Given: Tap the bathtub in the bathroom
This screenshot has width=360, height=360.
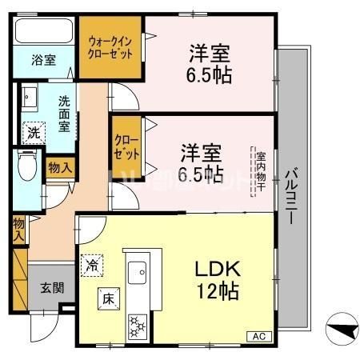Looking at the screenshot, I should [43, 33].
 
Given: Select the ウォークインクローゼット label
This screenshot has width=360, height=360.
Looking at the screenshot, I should [110, 46].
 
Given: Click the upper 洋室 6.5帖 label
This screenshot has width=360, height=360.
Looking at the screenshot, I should [210, 66].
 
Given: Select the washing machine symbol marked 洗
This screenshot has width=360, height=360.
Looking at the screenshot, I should [33, 132].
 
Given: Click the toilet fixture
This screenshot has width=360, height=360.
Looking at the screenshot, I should [26, 170].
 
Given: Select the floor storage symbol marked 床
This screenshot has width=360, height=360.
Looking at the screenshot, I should [108, 298].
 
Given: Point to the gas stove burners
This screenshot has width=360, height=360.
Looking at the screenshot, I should [137, 324].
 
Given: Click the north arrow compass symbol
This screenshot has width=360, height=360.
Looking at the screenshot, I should [340, 329].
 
